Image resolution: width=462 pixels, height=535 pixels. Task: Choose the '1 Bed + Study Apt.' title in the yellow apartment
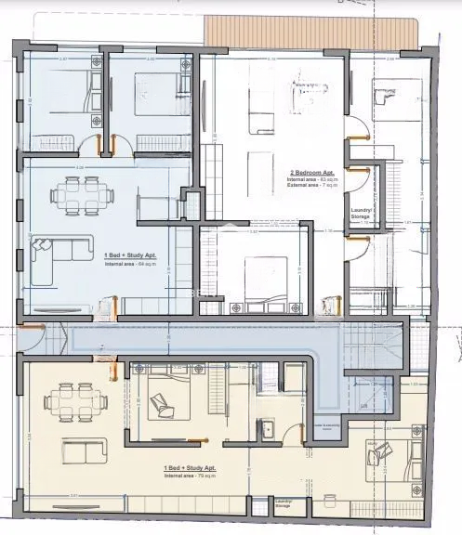click(x=190, y=466)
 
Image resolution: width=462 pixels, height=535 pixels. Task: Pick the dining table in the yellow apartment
click(x=73, y=402)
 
